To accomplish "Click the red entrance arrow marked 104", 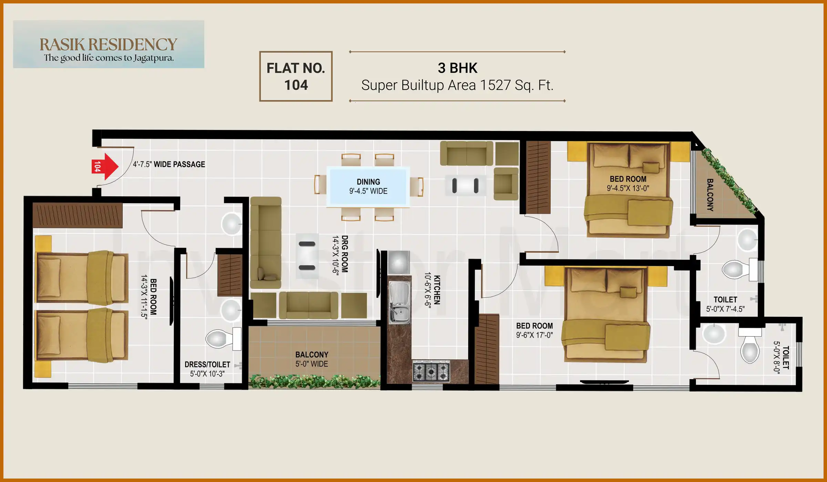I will pos(105,167).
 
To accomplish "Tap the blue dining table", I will pos(368,186).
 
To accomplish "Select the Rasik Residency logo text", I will pos(108,44).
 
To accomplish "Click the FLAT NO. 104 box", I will pos(296,76).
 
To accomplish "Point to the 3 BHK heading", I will pos(457,68).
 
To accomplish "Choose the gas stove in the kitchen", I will pos(431,371).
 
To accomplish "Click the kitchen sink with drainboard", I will pos(399,303).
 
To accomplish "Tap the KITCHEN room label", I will pos(437,290).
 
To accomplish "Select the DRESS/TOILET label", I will pos(207,365).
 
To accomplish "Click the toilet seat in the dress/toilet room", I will pos(221,339).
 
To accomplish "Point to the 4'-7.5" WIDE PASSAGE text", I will pos(169,164).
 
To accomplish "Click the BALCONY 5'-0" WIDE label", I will pos(312,359).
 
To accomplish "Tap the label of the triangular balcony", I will pos(710,195).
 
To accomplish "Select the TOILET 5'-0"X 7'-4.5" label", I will pos(725,304).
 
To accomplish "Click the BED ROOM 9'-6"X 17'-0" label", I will pos(534,330).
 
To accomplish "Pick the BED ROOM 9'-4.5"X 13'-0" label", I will pos(628,184).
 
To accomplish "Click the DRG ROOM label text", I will pos(345,254).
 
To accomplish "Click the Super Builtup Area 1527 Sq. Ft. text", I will pos(457,85).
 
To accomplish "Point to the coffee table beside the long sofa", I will pos(307,256).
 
